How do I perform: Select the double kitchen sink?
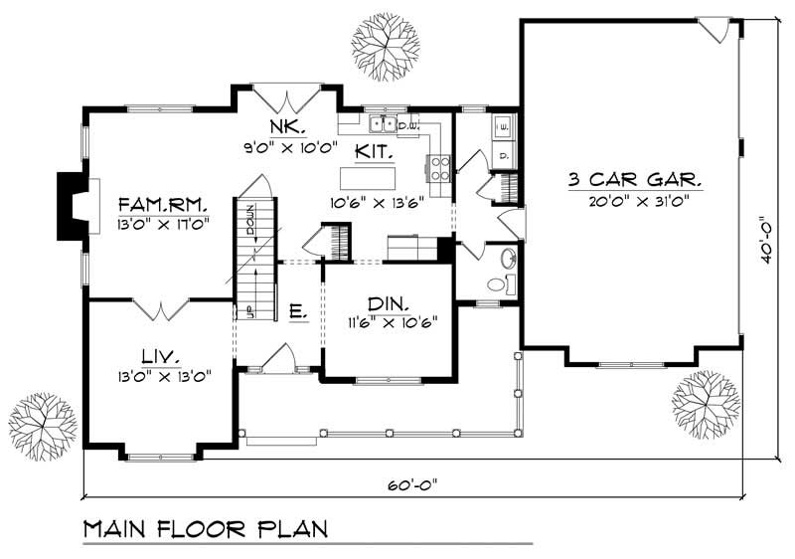tap(381, 125)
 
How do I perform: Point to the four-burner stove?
tap(440, 169)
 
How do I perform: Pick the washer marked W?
tap(503, 126)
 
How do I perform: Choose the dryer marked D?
tap(503, 156)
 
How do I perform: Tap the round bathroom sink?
tap(506, 259)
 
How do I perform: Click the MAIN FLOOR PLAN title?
tap(206, 527)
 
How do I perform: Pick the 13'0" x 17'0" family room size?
tap(162, 224)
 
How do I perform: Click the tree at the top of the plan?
tap(385, 41)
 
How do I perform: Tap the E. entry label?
tap(297, 311)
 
